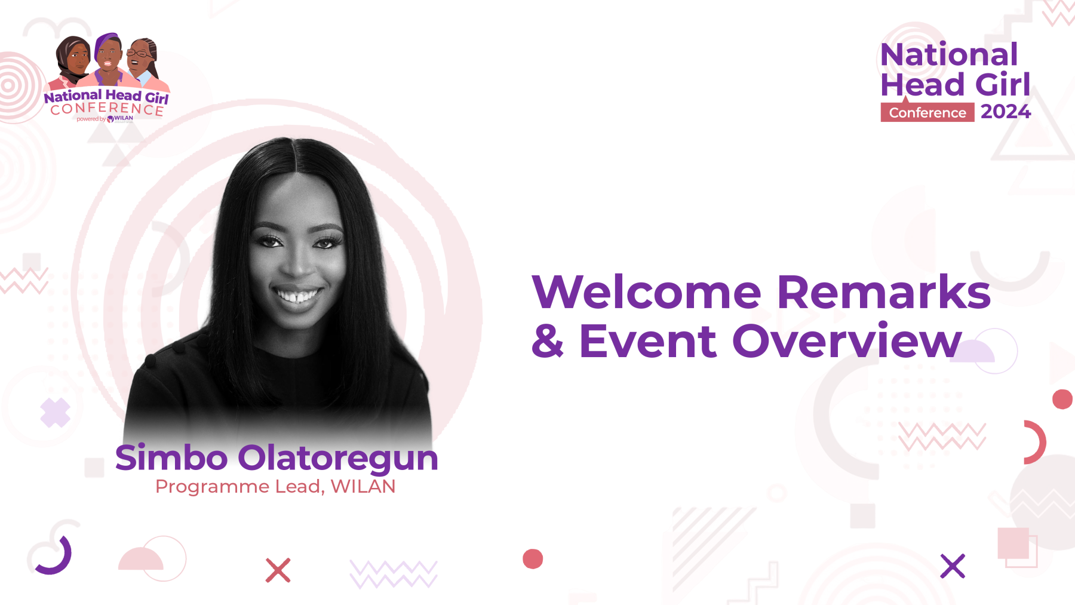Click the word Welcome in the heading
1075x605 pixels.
647,292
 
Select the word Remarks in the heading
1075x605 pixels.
884,292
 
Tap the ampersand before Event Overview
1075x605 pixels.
548,341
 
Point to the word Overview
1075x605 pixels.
847,341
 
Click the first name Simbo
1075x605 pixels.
171,457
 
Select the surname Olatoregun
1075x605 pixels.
338,459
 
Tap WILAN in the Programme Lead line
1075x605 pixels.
363,487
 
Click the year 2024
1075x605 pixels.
1006,112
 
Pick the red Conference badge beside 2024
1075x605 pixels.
927,112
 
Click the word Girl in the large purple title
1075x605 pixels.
1003,85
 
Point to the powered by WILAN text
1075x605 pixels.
105,119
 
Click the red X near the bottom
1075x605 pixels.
278,570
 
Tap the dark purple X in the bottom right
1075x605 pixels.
953,566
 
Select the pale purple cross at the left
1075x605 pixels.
56,413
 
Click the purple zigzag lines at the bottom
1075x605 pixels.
394,574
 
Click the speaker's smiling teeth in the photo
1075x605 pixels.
297,296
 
